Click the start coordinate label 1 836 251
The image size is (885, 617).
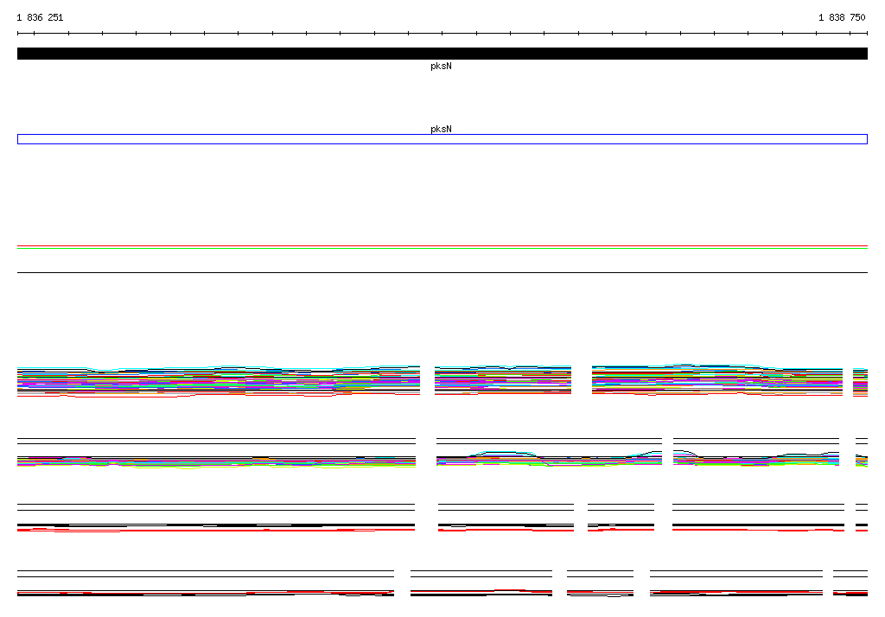coord(40,17)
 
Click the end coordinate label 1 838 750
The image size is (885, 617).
coord(842,17)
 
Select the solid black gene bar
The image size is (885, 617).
coord(442,54)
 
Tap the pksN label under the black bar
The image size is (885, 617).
coord(441,66)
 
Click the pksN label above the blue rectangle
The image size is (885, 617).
coord(441,129)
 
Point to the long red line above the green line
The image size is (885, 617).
coord(442,246)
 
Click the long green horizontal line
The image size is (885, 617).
coord(442,248)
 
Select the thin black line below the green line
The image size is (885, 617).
coord(442,273)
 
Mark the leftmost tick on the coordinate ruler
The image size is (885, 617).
coord(17,34)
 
